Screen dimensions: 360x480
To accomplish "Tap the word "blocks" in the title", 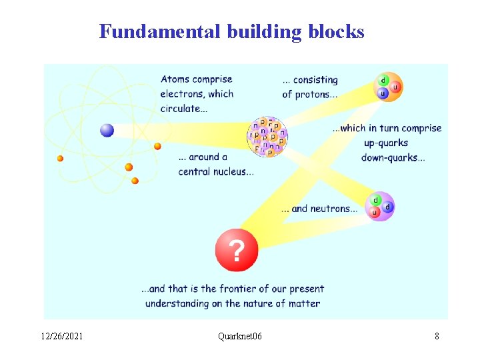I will coord(336,31).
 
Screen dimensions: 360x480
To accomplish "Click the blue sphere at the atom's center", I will coord(107,130).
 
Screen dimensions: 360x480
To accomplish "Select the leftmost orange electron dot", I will coord(60,158).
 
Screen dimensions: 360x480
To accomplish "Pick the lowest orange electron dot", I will coord(135,181).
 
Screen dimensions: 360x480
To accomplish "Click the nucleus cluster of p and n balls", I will coord(267,137).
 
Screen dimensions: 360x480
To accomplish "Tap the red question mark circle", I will coord(236,251).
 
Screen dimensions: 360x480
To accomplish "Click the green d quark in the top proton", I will coord(383,80).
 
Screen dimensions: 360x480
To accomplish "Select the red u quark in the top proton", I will coord(395,87).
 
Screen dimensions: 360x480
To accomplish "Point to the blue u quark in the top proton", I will coord(383,93).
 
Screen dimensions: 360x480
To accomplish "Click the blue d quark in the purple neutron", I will coord(387,207).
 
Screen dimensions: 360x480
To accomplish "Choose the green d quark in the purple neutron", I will coord(375,200).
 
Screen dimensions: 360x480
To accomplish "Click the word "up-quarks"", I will coord(385,143).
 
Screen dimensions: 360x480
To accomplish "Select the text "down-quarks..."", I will coord(393,158).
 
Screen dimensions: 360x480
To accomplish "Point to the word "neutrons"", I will coord(333,209).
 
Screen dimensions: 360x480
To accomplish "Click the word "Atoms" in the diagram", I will coord(174,79).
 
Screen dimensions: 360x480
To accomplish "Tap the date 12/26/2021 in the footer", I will coord(61,336).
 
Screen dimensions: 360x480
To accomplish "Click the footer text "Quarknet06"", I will coord(240,336).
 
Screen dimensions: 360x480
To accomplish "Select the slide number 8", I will coord(437,336).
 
